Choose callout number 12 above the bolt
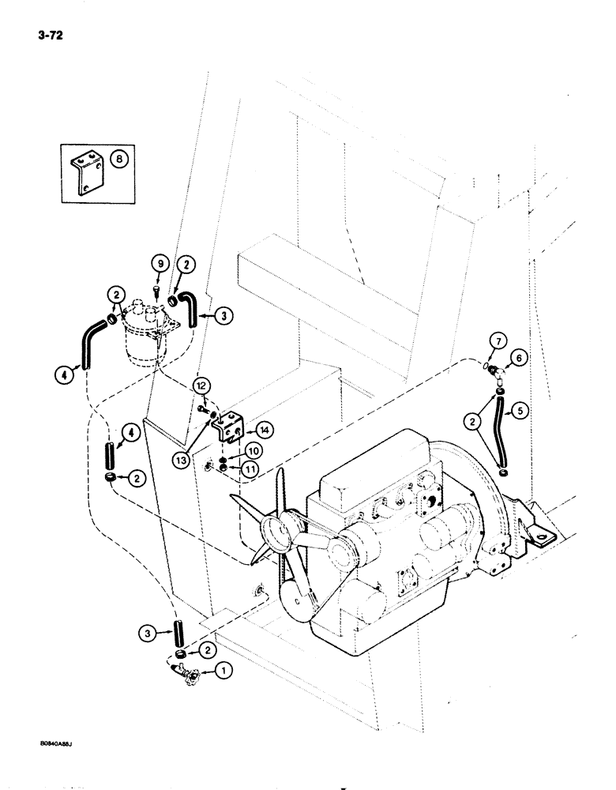point(201,386)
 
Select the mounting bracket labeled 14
point(232,427)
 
